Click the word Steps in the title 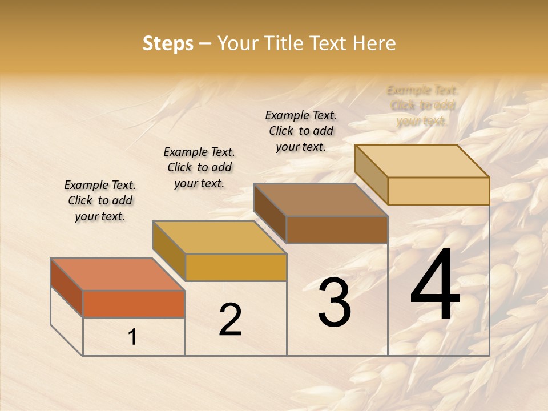[168, 43]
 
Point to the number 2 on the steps [230, 319]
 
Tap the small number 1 [132, 337]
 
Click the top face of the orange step [117, 275]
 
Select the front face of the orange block [134, 304]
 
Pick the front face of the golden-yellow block [236, 267]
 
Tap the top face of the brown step [320, 200]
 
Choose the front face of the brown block [337, 229]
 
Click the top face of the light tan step [422, 161]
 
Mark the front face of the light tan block [438, 191]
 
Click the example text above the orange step [100, 200]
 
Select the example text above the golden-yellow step [199, 167]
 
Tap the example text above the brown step [301, 131]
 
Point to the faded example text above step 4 [422, 106]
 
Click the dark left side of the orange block [67, 287]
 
